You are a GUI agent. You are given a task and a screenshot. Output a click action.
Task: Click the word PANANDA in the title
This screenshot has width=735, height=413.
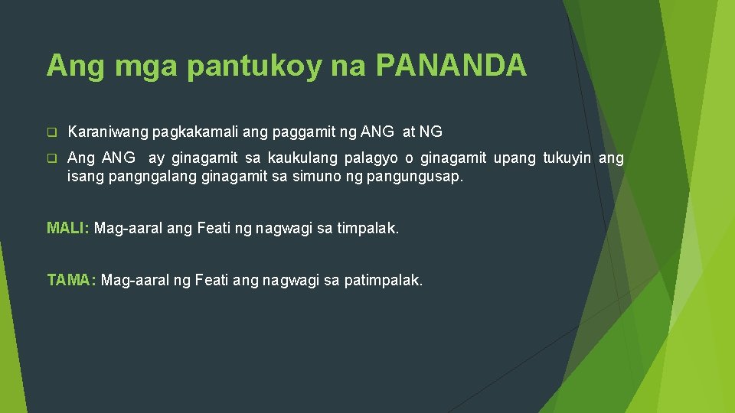pyautogui.click(x=451, y=66)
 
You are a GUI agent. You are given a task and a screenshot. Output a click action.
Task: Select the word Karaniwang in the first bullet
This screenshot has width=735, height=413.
pyautogui.click(x=108, y=132)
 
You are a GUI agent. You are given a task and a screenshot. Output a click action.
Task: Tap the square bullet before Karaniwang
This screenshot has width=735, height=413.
pyautogui.click(x=52, y=132)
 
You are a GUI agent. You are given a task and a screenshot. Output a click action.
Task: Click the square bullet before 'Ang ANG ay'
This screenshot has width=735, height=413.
pyautogui.click(x=52, y=159)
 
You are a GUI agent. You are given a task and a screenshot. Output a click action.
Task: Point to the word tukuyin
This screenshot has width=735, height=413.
pyautogui.click(x=567, y=158)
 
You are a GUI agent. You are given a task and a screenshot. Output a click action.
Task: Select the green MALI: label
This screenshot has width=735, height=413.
pyautogui.click(x=68, y=228)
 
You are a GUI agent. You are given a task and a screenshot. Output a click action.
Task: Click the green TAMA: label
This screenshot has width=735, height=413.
pyautogui.click(x=71, y=281)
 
